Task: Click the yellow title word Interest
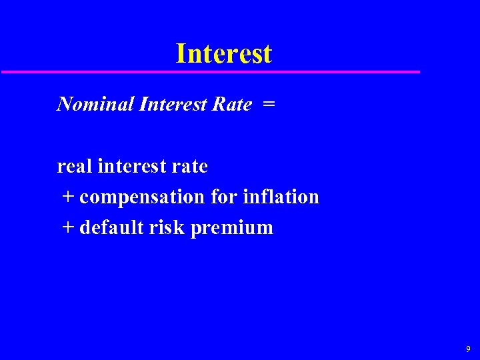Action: click(x=223, y=53)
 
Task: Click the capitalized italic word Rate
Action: click(x=232, y=104)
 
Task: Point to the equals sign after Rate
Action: click(x=268, y=105)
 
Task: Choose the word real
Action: click(x=75, y=166)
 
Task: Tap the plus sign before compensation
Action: click(x=69, y=197)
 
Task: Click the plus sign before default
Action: click(x=69, y=228)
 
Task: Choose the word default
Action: click(x=111, y=227)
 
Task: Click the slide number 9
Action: click(x=468, y=349)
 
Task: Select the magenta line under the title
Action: click(x=210, y=71)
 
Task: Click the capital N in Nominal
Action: click(x=65, y=104)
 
